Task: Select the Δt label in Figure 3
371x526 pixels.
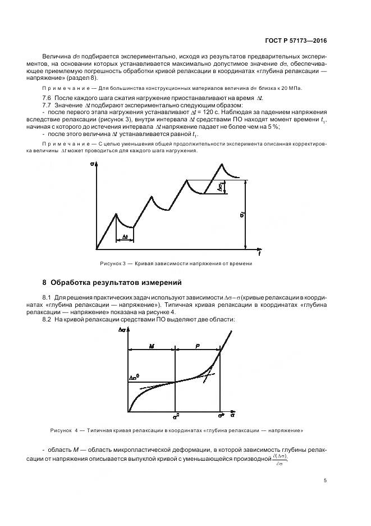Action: [x=125, y=238]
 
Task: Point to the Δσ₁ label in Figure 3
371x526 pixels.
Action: [x=222, y=187]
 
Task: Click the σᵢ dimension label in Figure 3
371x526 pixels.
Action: [x=241, y=215]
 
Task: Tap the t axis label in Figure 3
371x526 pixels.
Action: [x=259, y=254]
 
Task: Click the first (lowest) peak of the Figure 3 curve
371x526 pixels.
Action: [x=116, y=214]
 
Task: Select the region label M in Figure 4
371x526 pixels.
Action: [x=151, y=347]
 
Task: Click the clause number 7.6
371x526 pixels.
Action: [x=47, y=98]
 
